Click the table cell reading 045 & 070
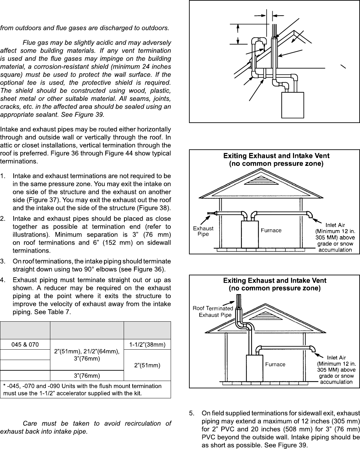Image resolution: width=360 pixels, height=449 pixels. click(x=25, y=345)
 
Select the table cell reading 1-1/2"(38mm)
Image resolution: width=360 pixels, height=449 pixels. click(x=147, y=345)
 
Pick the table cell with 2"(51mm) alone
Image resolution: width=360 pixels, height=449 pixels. click(x=147, y=365)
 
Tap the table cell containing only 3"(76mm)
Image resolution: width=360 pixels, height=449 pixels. click(x=87, y=376)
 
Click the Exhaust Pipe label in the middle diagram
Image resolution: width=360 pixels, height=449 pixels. click(x=203, y=231)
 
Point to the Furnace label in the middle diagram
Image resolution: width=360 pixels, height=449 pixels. click(x=271, y=230)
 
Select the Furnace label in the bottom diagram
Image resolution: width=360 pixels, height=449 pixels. click(x=275, y=364)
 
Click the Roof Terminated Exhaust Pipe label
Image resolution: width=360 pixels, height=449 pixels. click(x=213, y=311)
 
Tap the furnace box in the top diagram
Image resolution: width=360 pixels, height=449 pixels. click(x=293, y=105)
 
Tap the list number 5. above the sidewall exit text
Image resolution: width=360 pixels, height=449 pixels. click(x=192, y=413)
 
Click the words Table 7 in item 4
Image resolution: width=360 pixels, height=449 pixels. click(x=61, y=312)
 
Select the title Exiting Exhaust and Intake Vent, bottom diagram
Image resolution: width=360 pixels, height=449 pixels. click(x=275, y=281)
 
